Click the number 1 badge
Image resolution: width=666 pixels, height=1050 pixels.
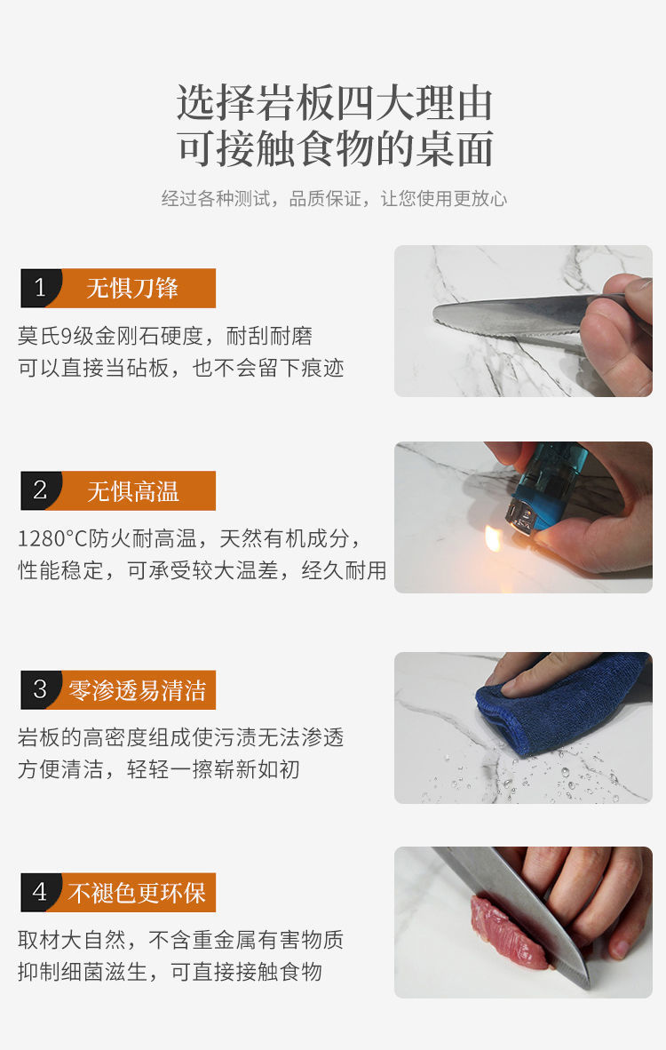[x=40, y=288]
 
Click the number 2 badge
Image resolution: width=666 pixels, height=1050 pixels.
[x=40, y=490]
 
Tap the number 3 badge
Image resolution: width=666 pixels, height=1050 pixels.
[x=40, y=689]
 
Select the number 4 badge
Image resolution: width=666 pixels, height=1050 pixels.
[x=40, y=892]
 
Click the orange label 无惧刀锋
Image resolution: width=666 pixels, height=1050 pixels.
[x=133, y=288]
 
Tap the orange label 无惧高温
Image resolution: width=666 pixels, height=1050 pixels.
[x=133, y=490]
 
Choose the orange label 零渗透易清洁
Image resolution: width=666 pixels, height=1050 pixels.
[x=138, y=689]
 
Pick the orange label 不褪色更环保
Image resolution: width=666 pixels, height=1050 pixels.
[x=138, y=892]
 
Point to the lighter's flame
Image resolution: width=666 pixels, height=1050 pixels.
[x=492, y=537]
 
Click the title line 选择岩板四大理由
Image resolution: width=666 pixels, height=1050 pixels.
[x=334, y=104]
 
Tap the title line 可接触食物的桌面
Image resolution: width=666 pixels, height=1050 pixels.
[x=334, y=148]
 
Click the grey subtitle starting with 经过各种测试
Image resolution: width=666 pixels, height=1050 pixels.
[x=334, y=199]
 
